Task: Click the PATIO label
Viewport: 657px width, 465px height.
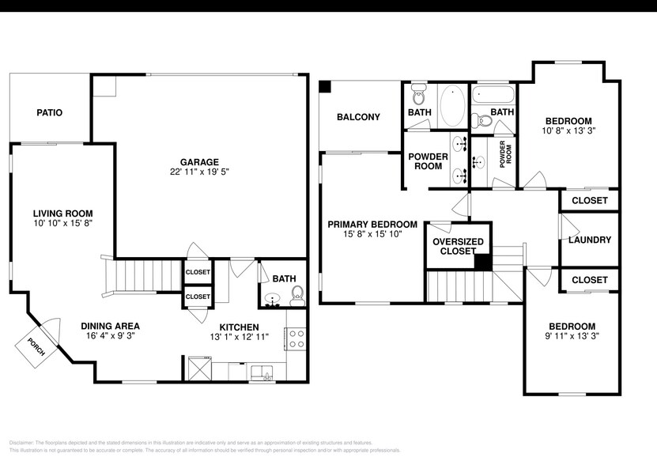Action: pyautogui.click(x=49, y=113)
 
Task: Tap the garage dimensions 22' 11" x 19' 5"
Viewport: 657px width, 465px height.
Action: pyautogui.click(x=198, y=172)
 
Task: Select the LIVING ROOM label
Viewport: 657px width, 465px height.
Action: pyautogui.click(x=62, y=214)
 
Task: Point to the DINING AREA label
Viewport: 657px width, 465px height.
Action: pyautogui.click(x=111, y=326)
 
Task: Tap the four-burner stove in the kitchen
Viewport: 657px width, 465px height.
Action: pyautogui.click(x=296, y=339)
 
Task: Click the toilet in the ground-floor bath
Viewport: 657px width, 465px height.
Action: pyautogui.click(x=296, y=297)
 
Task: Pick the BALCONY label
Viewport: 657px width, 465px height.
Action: pyautogui.click(x=358, y=117)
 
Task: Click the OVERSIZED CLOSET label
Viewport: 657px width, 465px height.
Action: pyautogui.click(x=458, y=246)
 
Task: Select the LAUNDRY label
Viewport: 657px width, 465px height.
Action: pyautogui.click(x=590, y=240)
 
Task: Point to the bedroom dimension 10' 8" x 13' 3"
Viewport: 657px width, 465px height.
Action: pyautogui.click(x=568, y=131)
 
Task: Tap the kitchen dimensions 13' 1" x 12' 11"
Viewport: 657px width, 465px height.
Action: pyautogui.click(x=239, y=337)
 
